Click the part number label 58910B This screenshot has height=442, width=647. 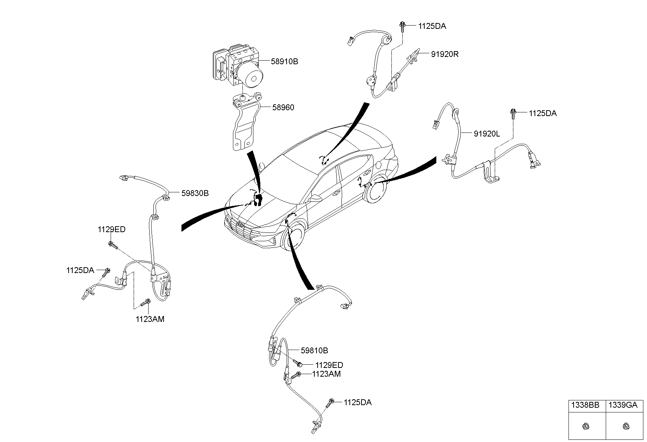point(284,62)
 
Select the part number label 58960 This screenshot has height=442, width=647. point(283,108)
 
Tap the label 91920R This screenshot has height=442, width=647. point(444,54)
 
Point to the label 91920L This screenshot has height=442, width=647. point(487,134)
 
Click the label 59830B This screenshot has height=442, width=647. point(195,193)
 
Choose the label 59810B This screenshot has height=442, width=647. point(314,351)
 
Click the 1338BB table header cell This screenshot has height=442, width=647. point(587,405)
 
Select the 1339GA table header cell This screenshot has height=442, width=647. point(625,405)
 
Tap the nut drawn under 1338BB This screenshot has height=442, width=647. point(587,426)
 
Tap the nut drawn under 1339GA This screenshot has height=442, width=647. point(625,426)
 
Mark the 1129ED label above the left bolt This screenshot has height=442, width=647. point(111,230)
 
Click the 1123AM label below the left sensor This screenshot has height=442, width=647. point(150,319)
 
